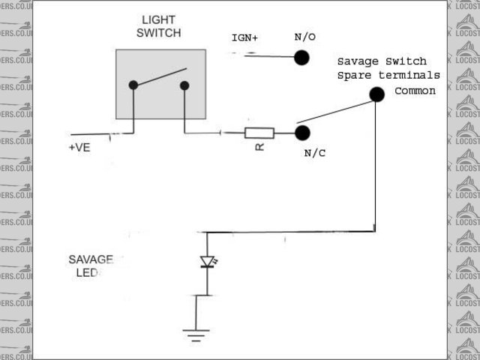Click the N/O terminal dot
click(301, 58)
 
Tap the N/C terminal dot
click(302, 133)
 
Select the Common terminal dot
click(376, 94)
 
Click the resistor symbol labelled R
click(259, 133)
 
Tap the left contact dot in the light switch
click(133, 85)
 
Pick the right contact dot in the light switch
click(184, 85)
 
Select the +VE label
click(79, 148)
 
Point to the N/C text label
click(316, 154)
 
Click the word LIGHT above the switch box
click(160, 19)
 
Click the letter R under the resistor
click(259, 147)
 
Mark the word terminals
click(409, 76)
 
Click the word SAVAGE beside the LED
click(90, 259)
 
